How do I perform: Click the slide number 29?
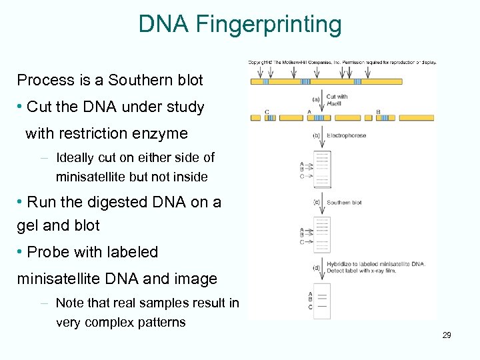[447, 335]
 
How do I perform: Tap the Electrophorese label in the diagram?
[346, 135]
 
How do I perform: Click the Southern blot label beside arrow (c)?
[344, 203]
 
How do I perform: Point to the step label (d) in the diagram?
[316, 267]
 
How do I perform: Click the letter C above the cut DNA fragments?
[267, 111]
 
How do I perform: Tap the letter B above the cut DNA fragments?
[378, 111]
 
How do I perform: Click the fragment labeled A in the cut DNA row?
[309, 119]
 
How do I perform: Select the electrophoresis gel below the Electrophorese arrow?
[322, 169]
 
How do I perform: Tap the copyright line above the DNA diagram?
[342, 63]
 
